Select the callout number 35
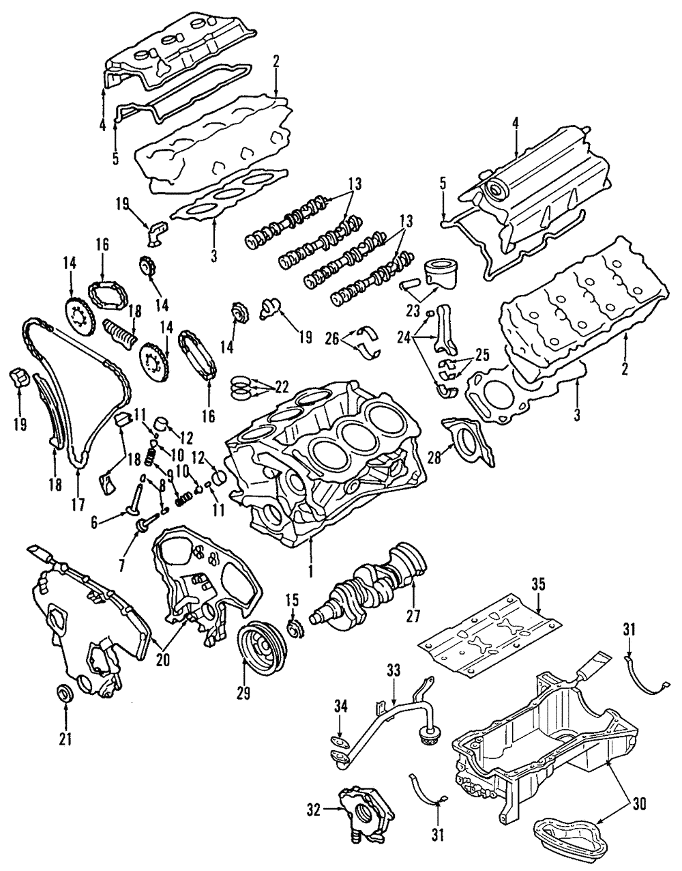(538, 584)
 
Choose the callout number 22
(281, 387)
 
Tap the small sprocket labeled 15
(295, 627)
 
